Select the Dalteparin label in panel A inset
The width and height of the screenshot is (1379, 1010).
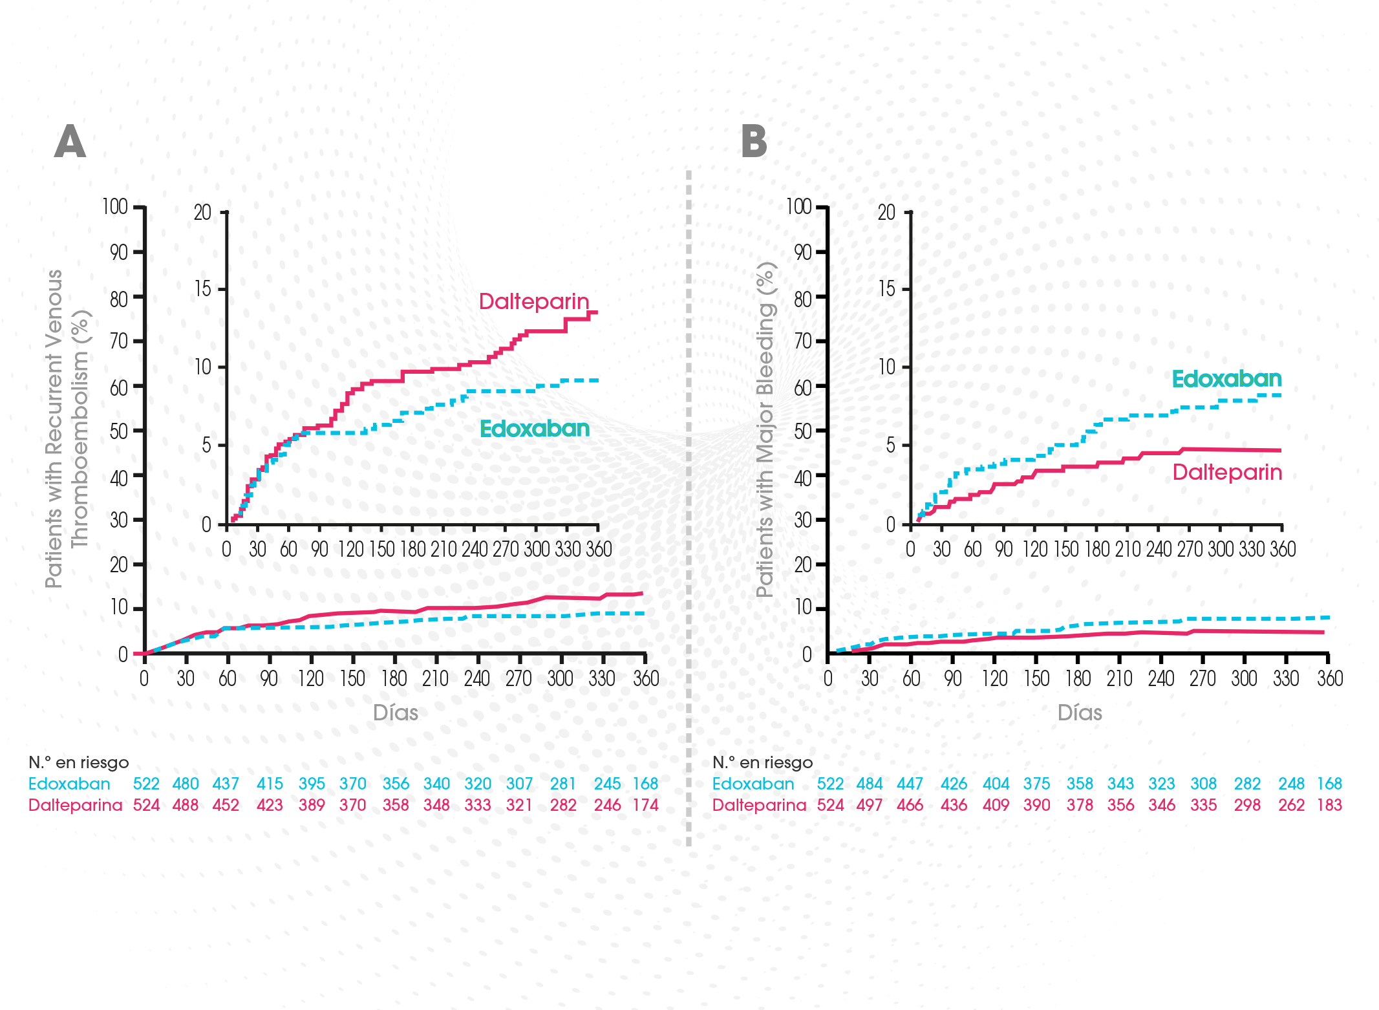(x=534, y=301)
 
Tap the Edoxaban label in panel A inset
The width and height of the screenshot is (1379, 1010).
(x=535, y=429)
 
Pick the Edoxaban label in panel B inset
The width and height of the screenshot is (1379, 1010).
(x=1226, y=379)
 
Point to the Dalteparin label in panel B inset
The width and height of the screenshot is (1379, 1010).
(x=1227, y=473)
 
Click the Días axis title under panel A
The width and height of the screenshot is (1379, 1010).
(x=396, y=713)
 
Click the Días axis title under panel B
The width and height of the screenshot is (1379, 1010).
(x=1080, y=713)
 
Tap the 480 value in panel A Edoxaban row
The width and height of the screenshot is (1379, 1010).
(x=186, y=784)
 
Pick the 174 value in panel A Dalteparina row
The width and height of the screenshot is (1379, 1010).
(x=645, y=805)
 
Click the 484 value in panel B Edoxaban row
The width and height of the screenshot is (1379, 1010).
(x=870, y=784)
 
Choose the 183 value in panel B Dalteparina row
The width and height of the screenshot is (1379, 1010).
(x=1329, y=805)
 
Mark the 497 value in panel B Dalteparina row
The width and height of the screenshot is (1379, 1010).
(x=870, y=805)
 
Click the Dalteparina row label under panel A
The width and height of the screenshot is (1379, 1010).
(x=75, y=805)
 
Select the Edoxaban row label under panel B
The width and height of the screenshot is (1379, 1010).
(x=753, y=784)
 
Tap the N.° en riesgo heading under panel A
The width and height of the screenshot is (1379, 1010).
(x=79, y=763)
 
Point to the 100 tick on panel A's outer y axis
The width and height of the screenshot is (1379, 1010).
(x=115, y=207)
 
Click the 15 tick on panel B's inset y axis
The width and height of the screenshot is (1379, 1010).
(x=886, y=289)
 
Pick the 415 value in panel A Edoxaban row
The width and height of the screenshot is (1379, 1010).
(x=270, y=784)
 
